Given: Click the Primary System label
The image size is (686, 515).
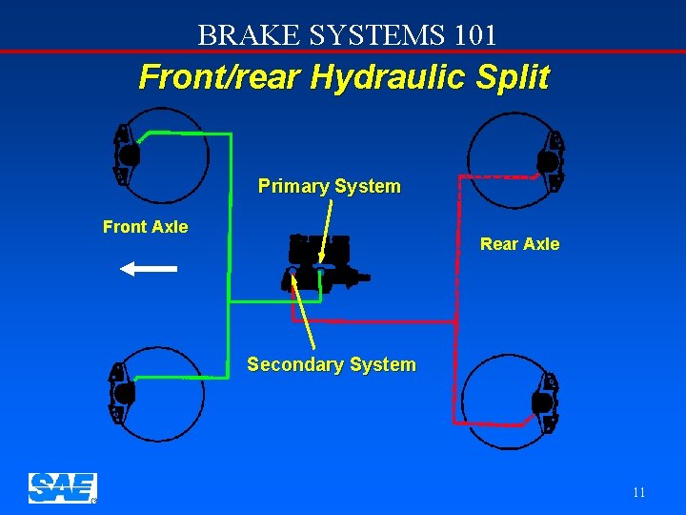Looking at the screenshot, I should pyautogui.click(x=329, y=186).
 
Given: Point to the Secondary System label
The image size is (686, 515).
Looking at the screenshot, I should pyautogui.click(x=331, y=364).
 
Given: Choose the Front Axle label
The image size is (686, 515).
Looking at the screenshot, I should pyautogui.click(x=145, y=227).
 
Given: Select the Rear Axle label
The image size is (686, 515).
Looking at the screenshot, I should pyautogui.click(x=519, y=244).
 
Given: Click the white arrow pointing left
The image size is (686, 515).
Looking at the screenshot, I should pyautogui.click(x=149, y=269).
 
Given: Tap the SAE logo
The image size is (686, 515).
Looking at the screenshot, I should pyautogui.click(x=62, y=487).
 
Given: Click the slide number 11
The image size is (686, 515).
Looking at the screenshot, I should pyautogui.click(x=638, y=493).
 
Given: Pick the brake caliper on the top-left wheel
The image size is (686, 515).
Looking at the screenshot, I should pyautogui.click(x=125, y=154).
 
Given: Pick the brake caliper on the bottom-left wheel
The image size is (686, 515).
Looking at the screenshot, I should pyautogui.click(x=121, y=392).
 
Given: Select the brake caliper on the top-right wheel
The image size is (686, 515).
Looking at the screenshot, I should pyautogui.click(x=551, y=161).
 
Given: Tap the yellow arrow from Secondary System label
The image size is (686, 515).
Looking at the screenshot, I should pyautogui.click(x=306, y=316).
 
